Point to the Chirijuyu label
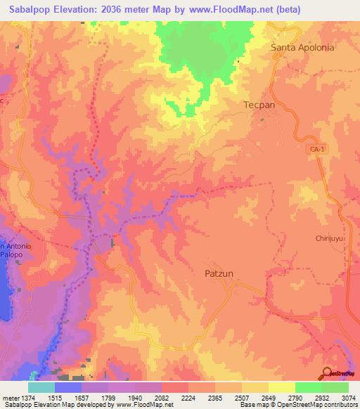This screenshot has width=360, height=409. click(x=329, y=238)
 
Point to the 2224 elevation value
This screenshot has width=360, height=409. click(x=188, y=397)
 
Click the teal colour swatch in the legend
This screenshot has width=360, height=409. click(x=41, y=387)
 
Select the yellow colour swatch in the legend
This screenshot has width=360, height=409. click(x=281, y=387)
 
